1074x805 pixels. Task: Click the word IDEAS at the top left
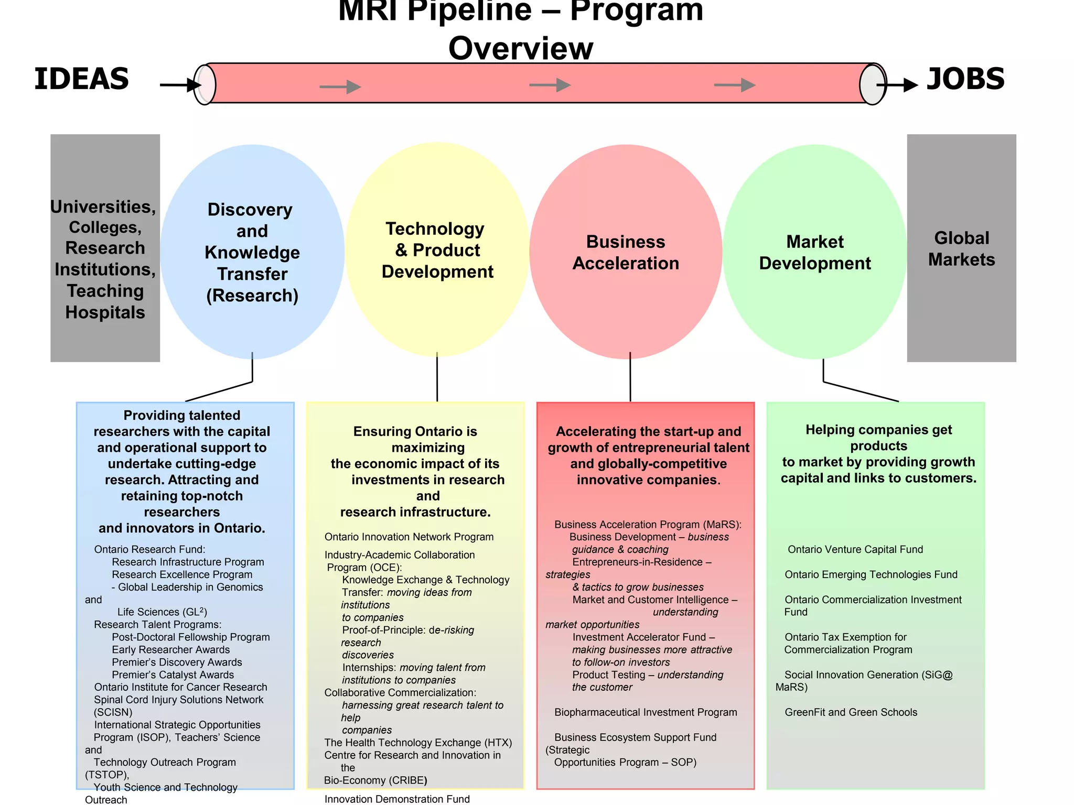tap(81, 79)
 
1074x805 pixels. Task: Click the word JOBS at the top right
tap(965, 79)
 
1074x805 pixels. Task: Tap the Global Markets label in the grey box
tap(961, 249)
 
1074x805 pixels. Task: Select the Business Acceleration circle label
tap(625, 252)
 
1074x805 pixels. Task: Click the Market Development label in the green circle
tap(814, 252)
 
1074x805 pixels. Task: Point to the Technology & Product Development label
tap(437, 250)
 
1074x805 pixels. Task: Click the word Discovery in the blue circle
tap(250, 210)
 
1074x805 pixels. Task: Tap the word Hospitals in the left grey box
tap(105, 312)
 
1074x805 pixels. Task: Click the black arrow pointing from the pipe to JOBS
tap(898, 85)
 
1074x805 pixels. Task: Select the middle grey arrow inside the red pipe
tap(550, 85)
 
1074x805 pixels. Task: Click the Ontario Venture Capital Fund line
tap(855, 549)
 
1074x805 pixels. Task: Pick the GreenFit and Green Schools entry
tap(851, 712)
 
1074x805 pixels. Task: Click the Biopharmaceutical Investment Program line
tap(646, 712)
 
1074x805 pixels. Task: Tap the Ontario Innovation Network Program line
tap(409, 537)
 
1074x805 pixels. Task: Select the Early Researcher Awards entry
tap(170, 650)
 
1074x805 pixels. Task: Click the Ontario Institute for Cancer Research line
tap(180, 687)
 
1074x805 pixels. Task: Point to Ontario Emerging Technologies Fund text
tap(871, 574)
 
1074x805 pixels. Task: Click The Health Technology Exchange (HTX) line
tap(418, 743)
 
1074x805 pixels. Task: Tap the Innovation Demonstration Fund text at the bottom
tap(397, 799)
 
